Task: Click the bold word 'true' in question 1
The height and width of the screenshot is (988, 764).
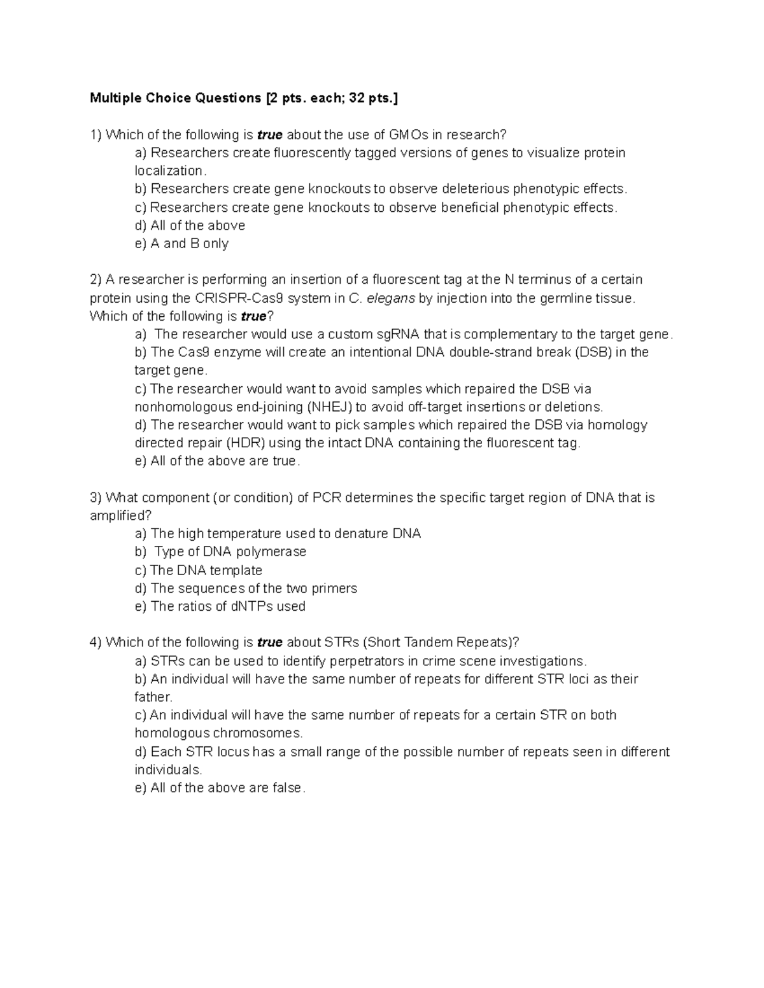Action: [x=270, y=135]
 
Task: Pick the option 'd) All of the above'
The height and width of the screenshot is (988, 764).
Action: [x=190, y=225]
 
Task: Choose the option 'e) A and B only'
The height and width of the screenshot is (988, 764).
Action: [x=181, y=244]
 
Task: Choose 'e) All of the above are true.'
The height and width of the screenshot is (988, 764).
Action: [x=217, y=461]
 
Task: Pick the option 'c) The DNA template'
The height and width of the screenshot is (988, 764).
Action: [x=199, y=571]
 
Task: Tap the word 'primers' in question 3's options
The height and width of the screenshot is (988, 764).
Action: [x=334, y=588]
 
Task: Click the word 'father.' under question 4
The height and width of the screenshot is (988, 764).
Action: [x=153, y=697]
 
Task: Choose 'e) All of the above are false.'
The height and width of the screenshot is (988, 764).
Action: [x=220, y=788]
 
